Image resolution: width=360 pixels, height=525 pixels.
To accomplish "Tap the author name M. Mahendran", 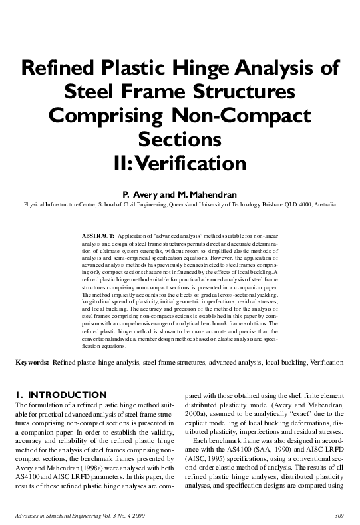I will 208,194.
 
